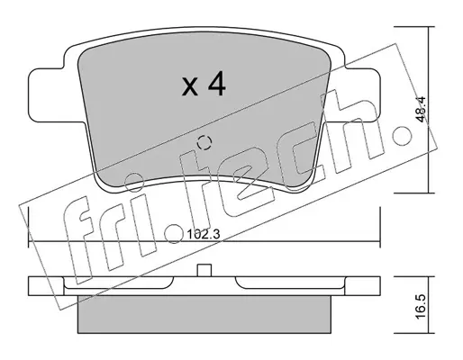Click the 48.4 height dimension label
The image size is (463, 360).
coord(422,109)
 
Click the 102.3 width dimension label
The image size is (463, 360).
coord(204,234)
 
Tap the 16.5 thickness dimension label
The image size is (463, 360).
coord(422,307)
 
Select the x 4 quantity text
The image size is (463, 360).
coord(204,84)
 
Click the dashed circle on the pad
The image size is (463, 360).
coord(204,142)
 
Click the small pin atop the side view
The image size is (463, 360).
coord(204,270)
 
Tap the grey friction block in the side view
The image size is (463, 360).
coord(204,314)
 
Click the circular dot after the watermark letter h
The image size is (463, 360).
coord(403,135)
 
